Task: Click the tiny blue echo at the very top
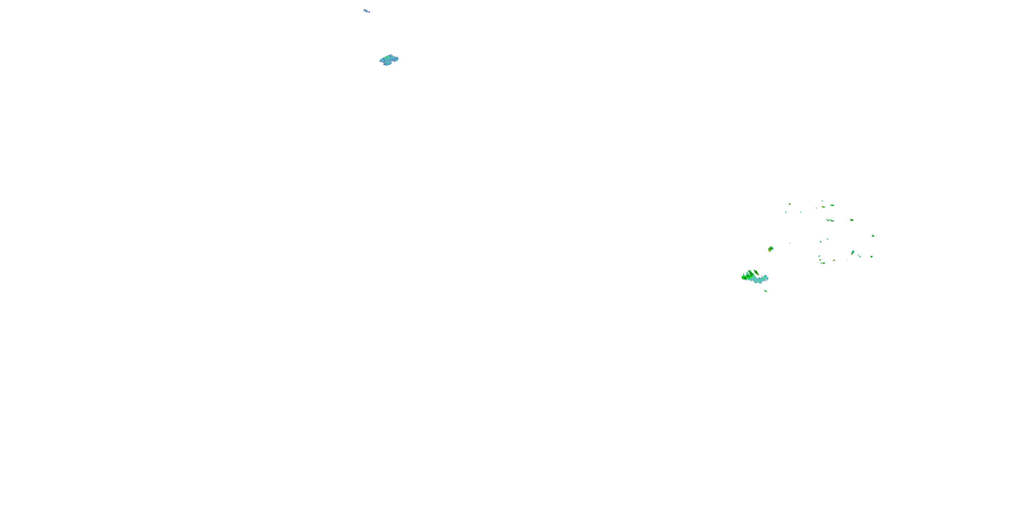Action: click(x=366, y=11)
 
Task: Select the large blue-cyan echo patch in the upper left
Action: click(x=389, y=60)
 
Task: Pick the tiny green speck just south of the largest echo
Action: click(x=766, y=291)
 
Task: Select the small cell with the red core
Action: click(x=852, y=220)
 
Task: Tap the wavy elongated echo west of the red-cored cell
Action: click(x=830, y=220)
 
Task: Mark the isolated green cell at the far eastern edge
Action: click(x=873, y=236)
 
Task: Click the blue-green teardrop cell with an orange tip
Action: click(x=852, y=252)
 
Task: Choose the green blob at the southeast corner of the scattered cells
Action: click(x=872, y=257)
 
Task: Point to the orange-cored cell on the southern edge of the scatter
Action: click(x=834, y=260)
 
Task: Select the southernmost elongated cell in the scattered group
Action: click(x=823, y=263)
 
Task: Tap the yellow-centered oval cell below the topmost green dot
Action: click(x=823, y=207)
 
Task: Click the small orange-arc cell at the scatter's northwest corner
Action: click(x=789, y=204)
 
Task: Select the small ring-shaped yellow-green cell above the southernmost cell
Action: click(x=820, y=260)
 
